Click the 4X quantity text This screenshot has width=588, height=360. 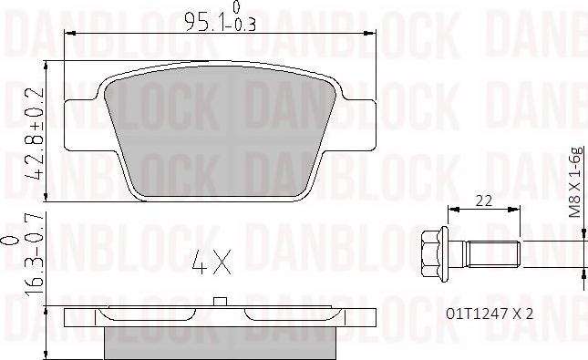pyautogui.click(x=212, y=267)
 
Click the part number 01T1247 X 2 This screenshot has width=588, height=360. pyautogui.click(x=488, y=313)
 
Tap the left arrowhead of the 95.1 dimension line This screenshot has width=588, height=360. pyautogui.click(x=70, y=34)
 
